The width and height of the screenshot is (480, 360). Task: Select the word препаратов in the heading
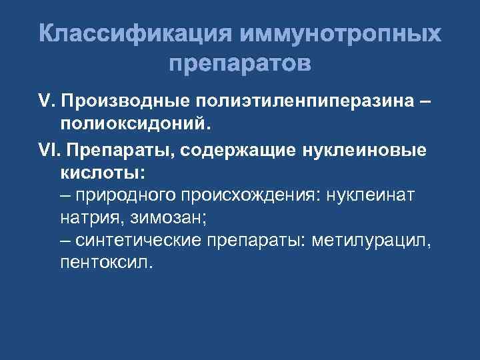click(x=240, y=65)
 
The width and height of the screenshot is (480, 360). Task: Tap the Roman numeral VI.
click(x=48, y=150)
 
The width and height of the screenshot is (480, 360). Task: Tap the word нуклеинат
click(x=377, y=195)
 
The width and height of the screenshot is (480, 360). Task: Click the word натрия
click(x=83, y=217)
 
